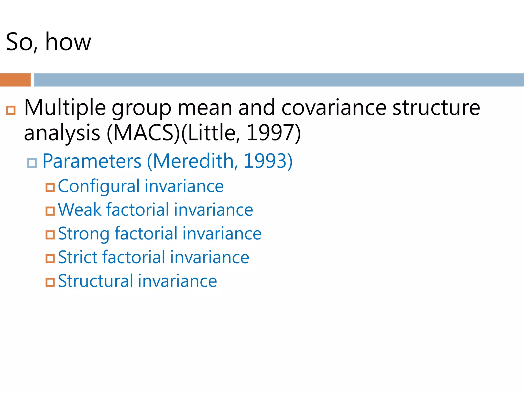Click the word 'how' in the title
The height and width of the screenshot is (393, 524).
coord(68,42)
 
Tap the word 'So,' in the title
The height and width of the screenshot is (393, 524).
coord(22,42)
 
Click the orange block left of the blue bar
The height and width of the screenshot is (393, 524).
coord(15,80)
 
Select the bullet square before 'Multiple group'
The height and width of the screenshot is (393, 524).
coord(11,110)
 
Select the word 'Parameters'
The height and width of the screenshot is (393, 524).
coord(92,161)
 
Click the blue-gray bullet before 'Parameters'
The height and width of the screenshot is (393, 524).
coord(32,163)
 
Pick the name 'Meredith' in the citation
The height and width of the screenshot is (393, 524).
coord(193,161)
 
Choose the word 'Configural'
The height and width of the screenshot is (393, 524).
coord(99,186)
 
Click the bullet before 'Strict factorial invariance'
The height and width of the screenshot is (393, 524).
coord(50,259)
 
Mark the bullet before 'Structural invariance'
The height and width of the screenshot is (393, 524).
coord(50,282)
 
